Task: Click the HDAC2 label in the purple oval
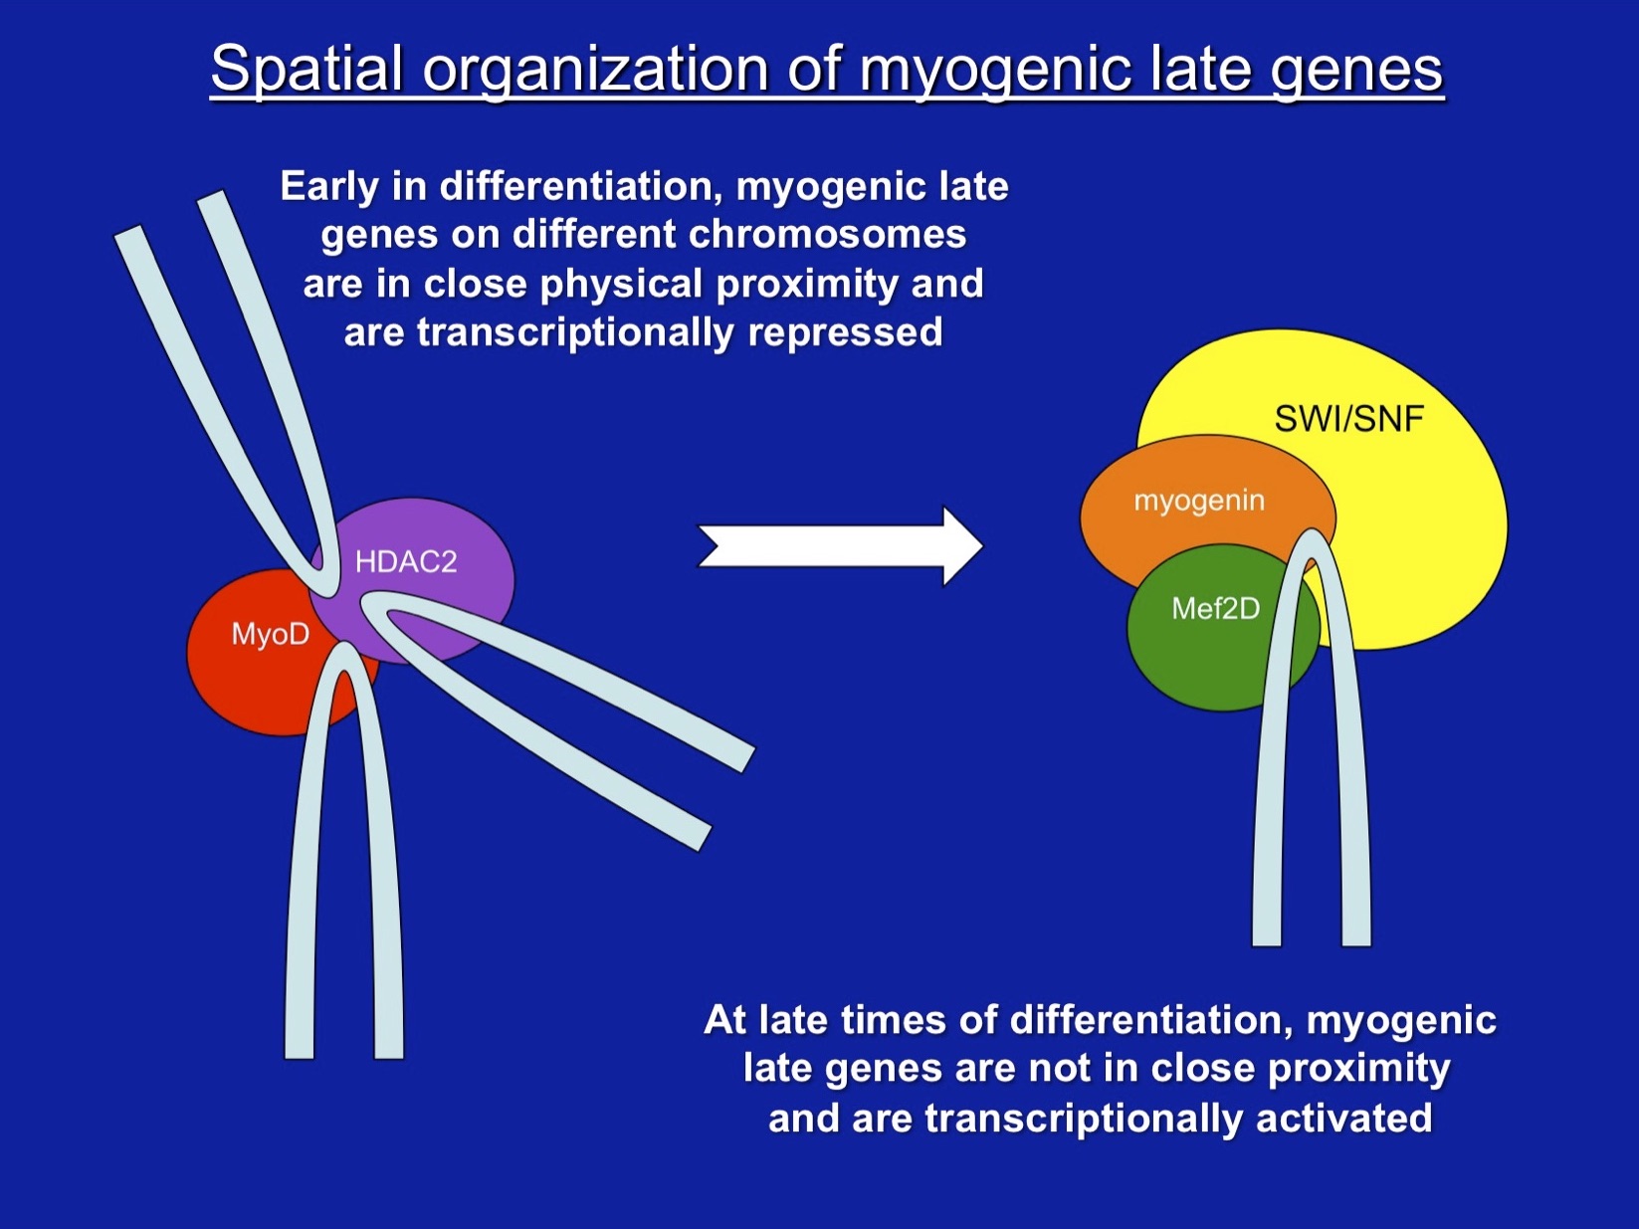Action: (406, 562)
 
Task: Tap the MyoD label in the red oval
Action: (270, 634)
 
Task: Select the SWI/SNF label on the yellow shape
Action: (1348, 419)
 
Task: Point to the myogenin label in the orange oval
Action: (1199, 500)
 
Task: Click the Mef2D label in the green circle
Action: (1215, 608)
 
